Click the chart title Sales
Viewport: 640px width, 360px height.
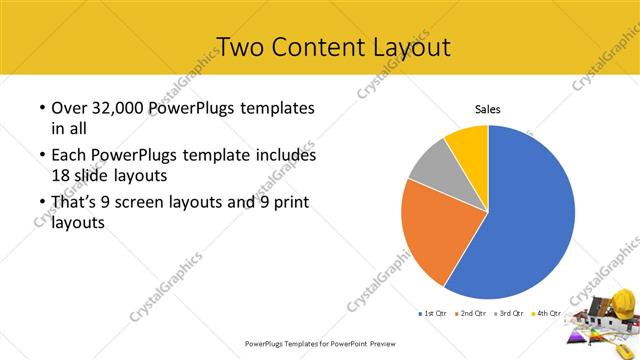tap(487, 109)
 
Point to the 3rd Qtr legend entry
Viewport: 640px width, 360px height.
tap(509, 314)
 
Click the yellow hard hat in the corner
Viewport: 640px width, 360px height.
tap(622, 299)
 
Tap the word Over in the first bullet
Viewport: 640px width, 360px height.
tap(69, 108)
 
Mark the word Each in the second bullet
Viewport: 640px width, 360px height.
tap(69, 157)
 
